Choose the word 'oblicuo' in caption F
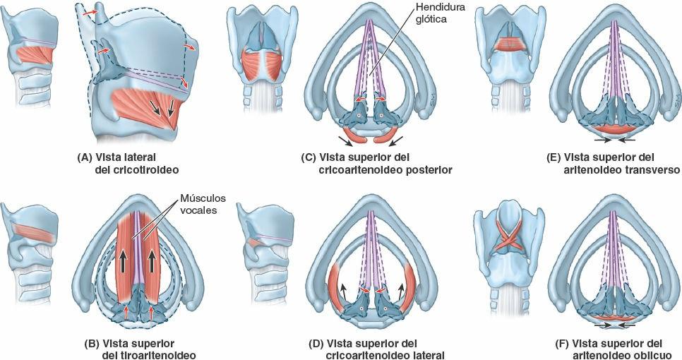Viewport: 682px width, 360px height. tap(650, 355)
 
